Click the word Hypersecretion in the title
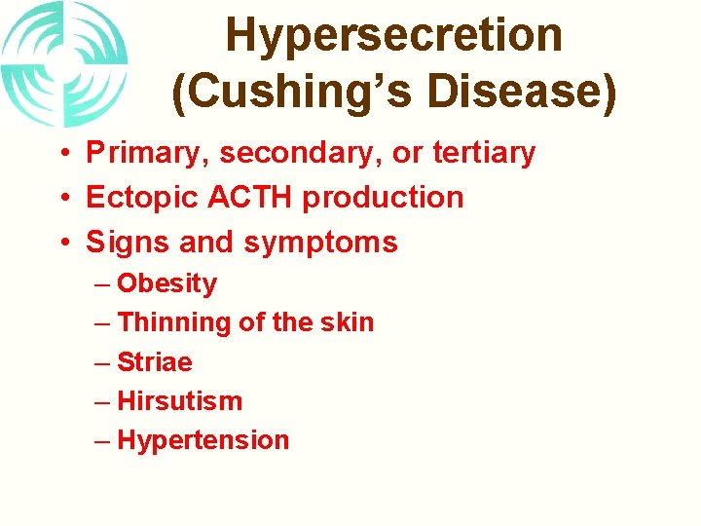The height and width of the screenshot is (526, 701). (x=393, y=36)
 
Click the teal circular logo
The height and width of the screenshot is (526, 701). (x=64, y=64)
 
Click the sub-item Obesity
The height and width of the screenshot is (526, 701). (x=166, y=283)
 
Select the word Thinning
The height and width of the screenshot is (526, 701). (x=168, y=322)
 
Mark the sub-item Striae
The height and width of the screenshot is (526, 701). (x=155, y=362)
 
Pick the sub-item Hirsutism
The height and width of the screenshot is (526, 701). (x=179, y=400)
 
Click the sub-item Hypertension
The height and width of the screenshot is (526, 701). (x=203, y=440)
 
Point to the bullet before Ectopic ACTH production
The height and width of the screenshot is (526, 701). (x=60, y=198)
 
